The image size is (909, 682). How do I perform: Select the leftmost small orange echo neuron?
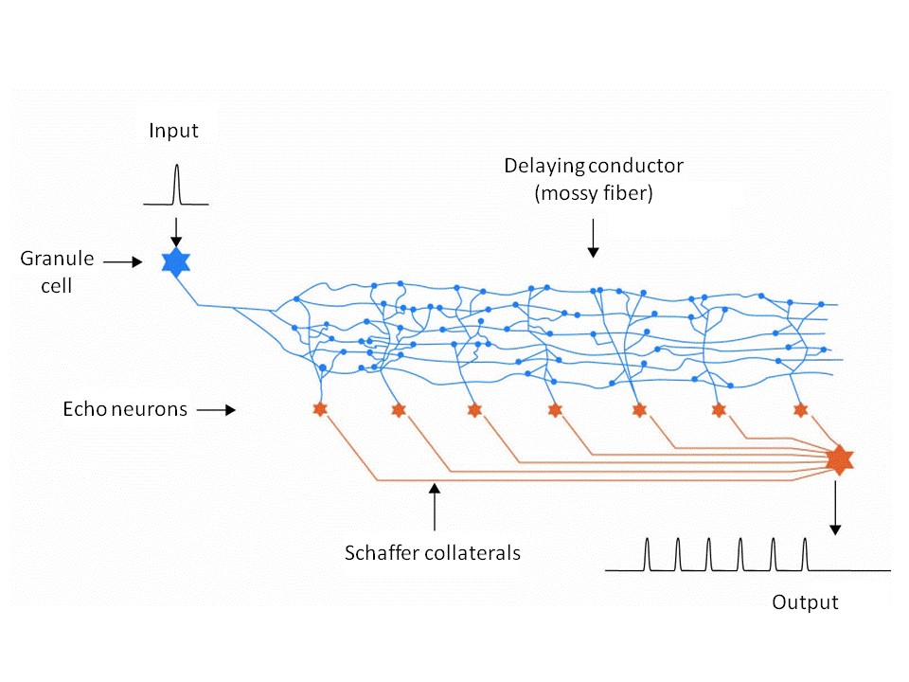point(319,409)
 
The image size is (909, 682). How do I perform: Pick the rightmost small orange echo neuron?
point(800,409)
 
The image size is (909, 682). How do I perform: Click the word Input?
point(174,131)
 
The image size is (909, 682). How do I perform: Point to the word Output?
point(805,602)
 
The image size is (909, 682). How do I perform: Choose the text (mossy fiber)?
point(593,193)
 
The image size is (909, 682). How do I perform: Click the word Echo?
point(83,410)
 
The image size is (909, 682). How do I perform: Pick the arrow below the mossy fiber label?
point(593,240)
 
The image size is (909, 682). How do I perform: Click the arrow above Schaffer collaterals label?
point(434,507)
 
